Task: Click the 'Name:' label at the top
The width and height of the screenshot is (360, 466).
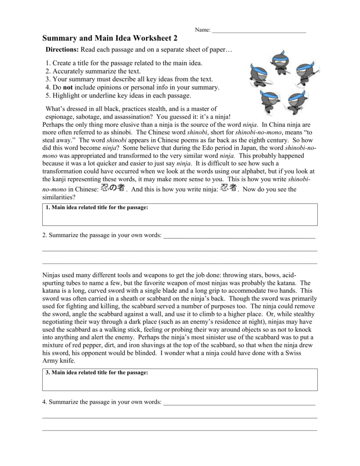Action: [x=203, y=30]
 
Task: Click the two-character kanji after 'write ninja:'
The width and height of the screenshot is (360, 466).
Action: [x=228, y=188]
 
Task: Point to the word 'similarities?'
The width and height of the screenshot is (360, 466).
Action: [x=59, y=197]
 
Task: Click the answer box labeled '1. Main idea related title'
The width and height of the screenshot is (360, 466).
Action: [x=180, y=215]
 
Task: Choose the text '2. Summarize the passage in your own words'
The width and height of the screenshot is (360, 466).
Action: [x=101, y=236]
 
